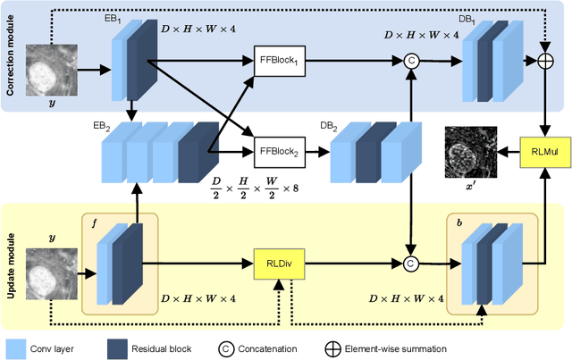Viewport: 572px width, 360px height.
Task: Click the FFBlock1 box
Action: (x=281, y=61)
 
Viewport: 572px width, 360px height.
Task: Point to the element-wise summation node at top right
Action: (x=545, y=60)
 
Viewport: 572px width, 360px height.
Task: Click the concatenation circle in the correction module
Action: (x=411, y=61)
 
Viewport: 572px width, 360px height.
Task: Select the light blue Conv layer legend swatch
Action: (x=17, y=348)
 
